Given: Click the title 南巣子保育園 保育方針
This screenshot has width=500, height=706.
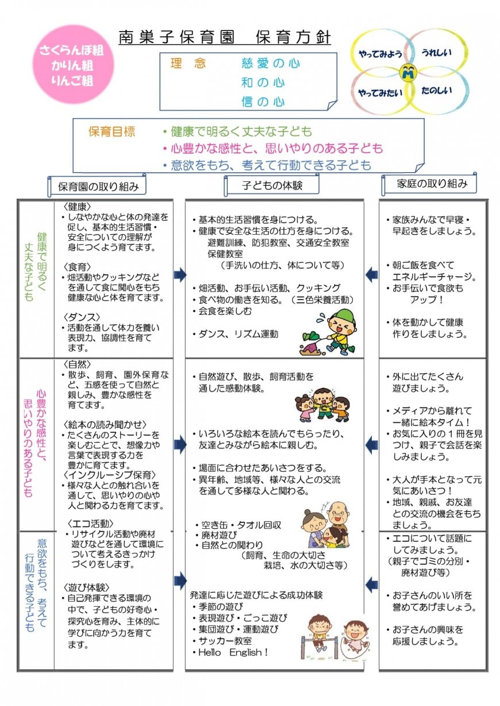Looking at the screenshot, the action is (225, 37).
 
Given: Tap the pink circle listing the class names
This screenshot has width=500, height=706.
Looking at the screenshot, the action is (72, 65).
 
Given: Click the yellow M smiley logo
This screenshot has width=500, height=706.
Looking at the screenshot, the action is (409, 72).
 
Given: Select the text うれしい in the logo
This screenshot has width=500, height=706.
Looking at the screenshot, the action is (437, 52).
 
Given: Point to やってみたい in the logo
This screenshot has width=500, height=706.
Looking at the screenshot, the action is (380, 92).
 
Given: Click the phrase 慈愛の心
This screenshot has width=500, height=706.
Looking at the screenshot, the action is (271, 64).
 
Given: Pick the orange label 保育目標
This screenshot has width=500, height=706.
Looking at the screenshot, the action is (112, 131).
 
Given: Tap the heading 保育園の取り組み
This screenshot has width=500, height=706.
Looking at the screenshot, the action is (98, 187).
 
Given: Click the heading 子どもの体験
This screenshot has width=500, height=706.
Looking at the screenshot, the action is (272, 185).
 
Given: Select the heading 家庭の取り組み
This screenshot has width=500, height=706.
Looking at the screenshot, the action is (432, 184).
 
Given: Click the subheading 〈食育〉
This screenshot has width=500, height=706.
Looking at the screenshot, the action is (78, 267).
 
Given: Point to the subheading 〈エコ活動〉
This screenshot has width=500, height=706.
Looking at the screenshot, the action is (90, 523).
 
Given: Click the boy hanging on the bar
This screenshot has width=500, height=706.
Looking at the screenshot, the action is (319, 634).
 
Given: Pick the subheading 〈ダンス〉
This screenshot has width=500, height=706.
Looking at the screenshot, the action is (82, 317).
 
